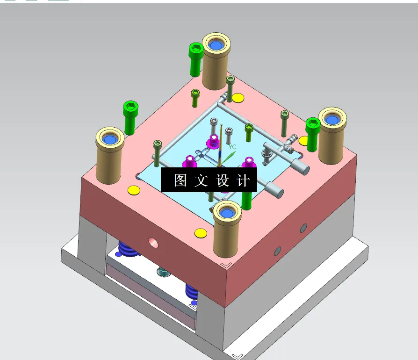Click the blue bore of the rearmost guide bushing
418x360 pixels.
[x=216, y=45]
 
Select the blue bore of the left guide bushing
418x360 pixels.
[x=110, y=139]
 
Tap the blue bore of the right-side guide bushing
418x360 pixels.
[x=332, y=120]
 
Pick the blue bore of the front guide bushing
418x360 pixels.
[x=227, y=213]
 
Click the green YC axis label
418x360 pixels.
[x=232, y=147]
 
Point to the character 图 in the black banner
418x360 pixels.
[x=180, y=180]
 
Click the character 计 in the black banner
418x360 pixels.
[x=243, y=180]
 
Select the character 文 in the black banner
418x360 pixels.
[x=201, y=180]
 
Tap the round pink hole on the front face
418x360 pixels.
[x=153, y=242]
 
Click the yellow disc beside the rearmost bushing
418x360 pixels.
[x=238, y=98]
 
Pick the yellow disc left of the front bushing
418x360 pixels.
[x=200, y=232]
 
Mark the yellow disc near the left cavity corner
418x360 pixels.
[x=134, y=190]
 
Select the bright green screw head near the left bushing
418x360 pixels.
[x=130, y=108]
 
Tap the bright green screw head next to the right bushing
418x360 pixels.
[x=312, y=124]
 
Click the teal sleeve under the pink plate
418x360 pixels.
[x=163, y=271]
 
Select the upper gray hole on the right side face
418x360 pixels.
[x=303, y=228]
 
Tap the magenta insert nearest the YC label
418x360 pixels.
[x=214, y=140]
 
